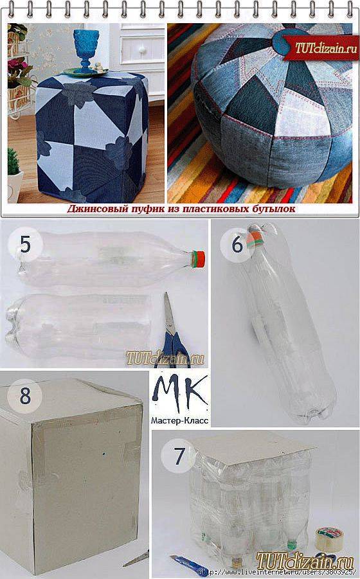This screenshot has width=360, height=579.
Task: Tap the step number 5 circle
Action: [x=26, y=244]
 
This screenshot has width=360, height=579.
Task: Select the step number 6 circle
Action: [x=237, y=245]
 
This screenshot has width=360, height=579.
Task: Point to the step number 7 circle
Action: [x=179, y=456]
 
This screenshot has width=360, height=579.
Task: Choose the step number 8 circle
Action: [x=25, y=396]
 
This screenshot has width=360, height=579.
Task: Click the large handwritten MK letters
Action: [x=180, y=394]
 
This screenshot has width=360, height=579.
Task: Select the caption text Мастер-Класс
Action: [x=179, y=420]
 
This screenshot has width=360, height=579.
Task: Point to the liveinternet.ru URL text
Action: [x=278, y=573]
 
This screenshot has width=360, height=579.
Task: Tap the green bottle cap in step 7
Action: [x=291, y=543]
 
